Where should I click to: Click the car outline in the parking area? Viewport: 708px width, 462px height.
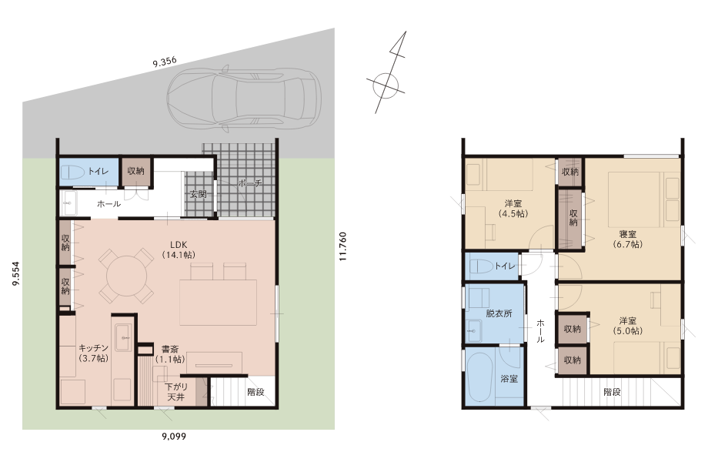244,99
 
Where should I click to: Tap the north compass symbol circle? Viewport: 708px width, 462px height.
386,85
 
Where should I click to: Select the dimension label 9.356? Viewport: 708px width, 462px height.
165,62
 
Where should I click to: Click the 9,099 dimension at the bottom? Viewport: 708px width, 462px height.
174,437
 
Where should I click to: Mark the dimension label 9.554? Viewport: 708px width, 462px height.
16,274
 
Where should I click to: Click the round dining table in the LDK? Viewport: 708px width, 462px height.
126,275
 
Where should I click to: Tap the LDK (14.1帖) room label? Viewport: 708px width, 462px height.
179,250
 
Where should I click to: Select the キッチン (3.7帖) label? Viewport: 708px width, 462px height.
93,353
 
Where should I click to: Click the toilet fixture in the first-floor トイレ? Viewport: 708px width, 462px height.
72,172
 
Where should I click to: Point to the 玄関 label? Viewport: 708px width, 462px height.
199,194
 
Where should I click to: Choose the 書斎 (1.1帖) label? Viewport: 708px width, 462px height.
170,354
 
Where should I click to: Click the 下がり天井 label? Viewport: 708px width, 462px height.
176,392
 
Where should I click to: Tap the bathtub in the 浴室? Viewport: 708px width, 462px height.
479,377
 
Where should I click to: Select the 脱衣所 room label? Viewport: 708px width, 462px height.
499,313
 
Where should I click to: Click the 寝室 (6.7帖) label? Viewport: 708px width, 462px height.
628,239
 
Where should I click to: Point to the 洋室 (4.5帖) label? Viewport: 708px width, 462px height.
513,209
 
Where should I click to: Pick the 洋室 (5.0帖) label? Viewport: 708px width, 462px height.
628,326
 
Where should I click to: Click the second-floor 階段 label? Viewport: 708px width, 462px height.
613,392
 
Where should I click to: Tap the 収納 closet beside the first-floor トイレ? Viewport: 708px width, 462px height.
135,171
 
